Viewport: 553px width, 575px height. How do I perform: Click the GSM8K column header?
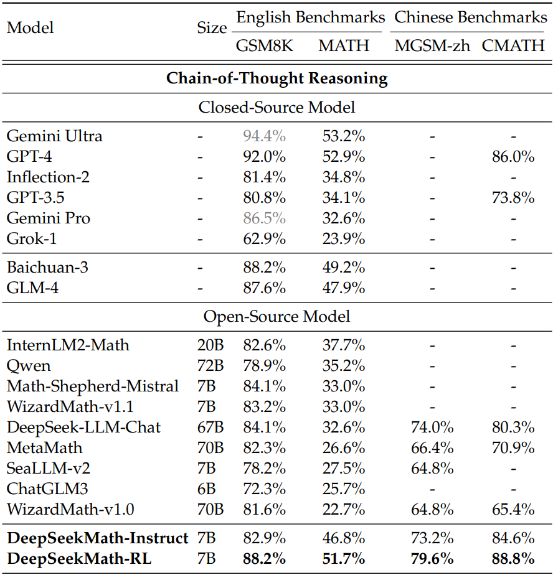click(264, 45)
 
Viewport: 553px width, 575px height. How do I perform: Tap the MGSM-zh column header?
click(432, 45)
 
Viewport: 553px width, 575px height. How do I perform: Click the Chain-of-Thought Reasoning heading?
click(276, 79)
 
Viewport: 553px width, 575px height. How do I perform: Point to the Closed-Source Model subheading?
click(276, 107)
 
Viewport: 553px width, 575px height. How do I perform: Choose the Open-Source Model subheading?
click(276, 316)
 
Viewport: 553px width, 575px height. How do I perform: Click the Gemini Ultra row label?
click(55, 136)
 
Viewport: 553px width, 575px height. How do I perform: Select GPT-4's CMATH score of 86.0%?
click(513, 157)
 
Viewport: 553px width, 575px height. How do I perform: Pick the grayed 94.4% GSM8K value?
click(264, 136)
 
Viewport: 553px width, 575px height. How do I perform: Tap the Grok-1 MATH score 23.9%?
click(344, 238)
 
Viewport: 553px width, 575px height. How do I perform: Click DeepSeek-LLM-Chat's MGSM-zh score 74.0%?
click(432, 428)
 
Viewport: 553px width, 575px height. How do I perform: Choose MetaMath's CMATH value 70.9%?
click(513, 448)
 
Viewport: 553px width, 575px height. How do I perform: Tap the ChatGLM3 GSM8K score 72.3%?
click(264, 489)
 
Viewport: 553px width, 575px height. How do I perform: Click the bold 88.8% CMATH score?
click(513, 559)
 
